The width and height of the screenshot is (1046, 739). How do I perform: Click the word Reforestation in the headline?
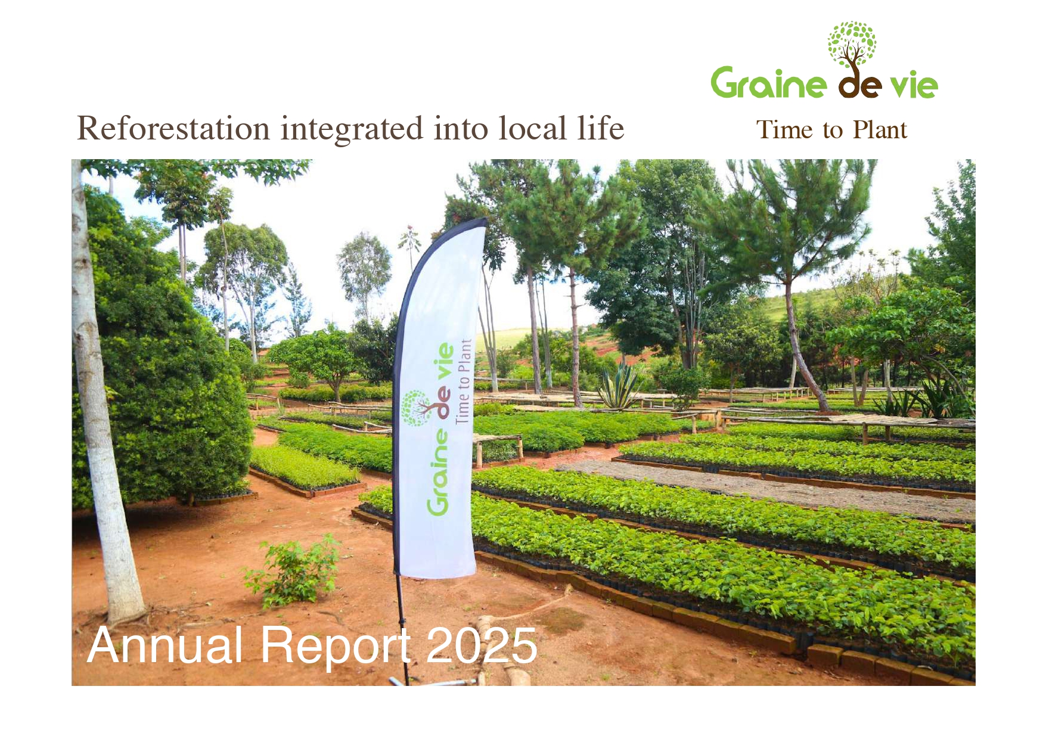[x=173, y=128]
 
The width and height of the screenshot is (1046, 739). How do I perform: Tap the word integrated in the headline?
[x=352, y=129]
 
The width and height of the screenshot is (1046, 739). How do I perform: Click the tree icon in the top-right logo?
[x=852, y=45]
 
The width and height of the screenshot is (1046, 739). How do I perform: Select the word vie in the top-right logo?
[x=914, y=85]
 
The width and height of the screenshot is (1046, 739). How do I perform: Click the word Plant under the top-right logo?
[x=880, y=130]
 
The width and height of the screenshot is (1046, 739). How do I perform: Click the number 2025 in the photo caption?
[x=482, y=645]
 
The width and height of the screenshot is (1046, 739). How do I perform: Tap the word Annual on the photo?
[x=164, y=645]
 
